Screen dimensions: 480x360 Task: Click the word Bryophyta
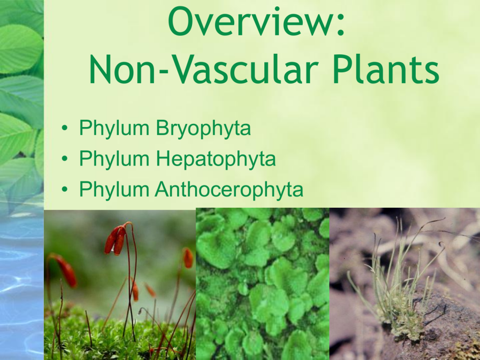point(203,128)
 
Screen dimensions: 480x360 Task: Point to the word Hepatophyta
point(216,159)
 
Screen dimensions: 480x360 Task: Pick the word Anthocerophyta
point(229,189)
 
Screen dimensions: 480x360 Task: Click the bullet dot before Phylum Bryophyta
point(64,128)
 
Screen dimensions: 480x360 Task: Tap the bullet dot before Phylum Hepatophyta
point(64,159)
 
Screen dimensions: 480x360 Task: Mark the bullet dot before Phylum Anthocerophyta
point(64,189)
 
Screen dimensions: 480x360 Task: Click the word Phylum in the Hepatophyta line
point(114,159)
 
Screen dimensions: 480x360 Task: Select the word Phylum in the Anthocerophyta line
point(114,189)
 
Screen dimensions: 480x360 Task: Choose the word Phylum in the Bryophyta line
point(114,128)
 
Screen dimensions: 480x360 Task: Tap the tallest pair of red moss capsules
point(116,240)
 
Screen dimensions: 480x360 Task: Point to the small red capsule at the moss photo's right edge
point(188,258)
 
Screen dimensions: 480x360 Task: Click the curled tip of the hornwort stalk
point(441,245)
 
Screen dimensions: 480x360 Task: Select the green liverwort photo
point(262,284)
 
